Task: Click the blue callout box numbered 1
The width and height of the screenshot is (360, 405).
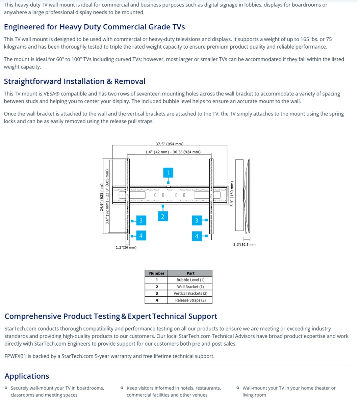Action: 168,173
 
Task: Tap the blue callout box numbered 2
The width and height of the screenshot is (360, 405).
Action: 162,216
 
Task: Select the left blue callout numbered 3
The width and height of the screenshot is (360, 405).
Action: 141,221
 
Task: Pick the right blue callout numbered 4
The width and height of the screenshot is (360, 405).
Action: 197,236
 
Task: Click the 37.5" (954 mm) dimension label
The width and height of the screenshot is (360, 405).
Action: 170,144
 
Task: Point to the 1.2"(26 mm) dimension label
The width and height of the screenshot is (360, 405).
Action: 126,247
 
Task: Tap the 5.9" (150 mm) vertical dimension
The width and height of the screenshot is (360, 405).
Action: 232,194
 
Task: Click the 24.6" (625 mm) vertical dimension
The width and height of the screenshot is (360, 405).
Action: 102,197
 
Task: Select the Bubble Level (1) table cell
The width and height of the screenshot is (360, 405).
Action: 190,280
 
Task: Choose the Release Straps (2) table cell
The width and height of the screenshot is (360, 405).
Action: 190,300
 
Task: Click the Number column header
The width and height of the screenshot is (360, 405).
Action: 157,273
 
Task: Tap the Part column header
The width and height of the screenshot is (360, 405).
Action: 190,273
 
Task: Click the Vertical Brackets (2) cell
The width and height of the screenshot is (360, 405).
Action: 190,293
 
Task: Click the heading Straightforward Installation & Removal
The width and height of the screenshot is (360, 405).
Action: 75,81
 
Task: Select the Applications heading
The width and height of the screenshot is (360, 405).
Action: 27,376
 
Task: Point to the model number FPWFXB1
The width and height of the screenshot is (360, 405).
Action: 15,356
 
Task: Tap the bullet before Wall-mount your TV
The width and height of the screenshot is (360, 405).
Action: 238,388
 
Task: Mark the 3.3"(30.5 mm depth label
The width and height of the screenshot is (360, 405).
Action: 244,245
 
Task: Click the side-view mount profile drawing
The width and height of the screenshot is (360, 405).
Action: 243,196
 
